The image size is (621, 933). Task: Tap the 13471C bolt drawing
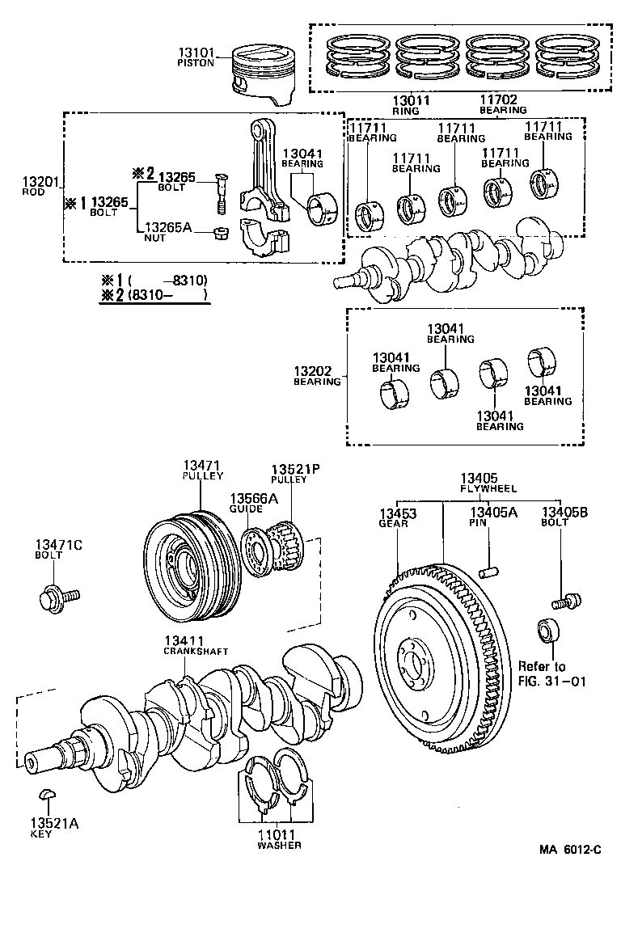[56, 598]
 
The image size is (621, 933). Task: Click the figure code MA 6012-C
[571, 849]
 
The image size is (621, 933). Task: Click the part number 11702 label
[502, 99]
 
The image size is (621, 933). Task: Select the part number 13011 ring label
[411, 99]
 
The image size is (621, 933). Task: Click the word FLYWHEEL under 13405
[488, 489]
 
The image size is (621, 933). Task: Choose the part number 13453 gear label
[398, 513]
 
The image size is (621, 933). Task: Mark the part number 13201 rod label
[39, 183]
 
